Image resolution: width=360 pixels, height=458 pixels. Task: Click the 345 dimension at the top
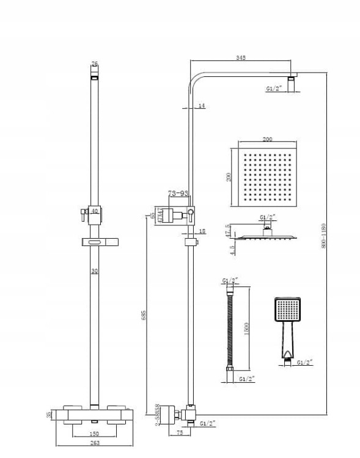(240, 57)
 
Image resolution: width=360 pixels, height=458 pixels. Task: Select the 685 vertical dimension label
(144, 315)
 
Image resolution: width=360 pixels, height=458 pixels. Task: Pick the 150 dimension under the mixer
(94, 434)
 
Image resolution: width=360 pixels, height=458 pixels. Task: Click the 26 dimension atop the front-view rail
(94, 64)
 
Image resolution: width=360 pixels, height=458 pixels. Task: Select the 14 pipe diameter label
(202, 106)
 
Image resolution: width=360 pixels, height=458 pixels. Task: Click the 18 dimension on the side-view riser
(202, 231)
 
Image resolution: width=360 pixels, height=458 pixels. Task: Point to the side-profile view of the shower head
(267, 237)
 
